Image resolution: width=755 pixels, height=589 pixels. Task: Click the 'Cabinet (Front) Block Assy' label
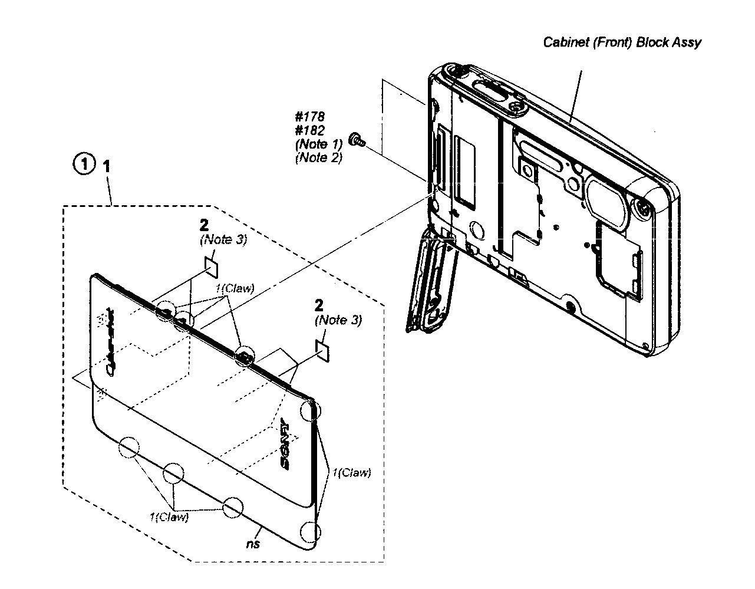click(x=622, y=42)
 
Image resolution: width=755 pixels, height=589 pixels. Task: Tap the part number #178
click(x=309, y=117)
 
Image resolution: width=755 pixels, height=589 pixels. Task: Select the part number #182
click(x=309, y=130)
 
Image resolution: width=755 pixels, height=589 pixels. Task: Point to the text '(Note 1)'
click(x=318, y=144)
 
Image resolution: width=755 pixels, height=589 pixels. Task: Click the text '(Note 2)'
click(x=318, y=157)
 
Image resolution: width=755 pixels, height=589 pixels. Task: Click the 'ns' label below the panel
click(x=253, y=544)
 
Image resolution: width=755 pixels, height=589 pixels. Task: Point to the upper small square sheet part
click(x=212, y=266)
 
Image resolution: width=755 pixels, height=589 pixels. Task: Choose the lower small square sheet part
click(x=324, y=350)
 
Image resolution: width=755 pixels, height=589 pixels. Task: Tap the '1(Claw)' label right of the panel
click(x=351, y=472)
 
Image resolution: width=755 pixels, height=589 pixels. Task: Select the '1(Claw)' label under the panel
click(x=169, y=517)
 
